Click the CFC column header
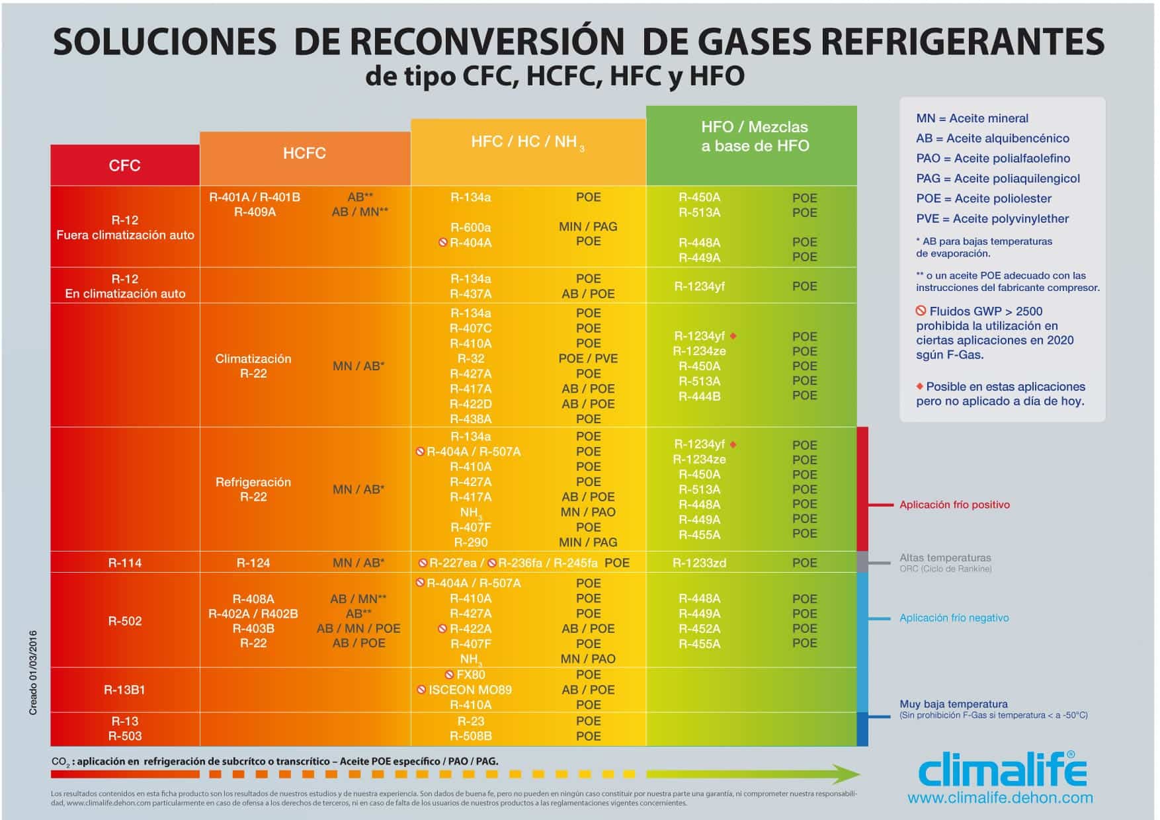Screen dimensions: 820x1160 (124, 165)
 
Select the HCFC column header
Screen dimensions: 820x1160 (304, 153)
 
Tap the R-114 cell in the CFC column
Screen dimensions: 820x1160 (124, 563)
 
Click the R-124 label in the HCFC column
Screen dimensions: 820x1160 (253, 563)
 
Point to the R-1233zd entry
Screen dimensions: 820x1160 (699, 563)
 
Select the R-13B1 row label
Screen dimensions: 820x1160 (124, 690)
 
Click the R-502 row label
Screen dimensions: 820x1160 (124, 621)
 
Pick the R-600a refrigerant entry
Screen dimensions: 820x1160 (470, 227)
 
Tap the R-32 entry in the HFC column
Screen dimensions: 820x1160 (470, 358)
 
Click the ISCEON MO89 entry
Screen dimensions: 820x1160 (470, 690)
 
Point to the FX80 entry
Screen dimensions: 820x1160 (470, 675)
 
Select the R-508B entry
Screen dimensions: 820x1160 (470, 736)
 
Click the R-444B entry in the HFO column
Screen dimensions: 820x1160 (699, 396)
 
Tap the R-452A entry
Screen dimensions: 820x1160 (699, 628)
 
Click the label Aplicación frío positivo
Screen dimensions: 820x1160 (954, 505)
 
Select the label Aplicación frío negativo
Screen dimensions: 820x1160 (954, 618)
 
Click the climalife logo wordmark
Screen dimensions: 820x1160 (1002, 771)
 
